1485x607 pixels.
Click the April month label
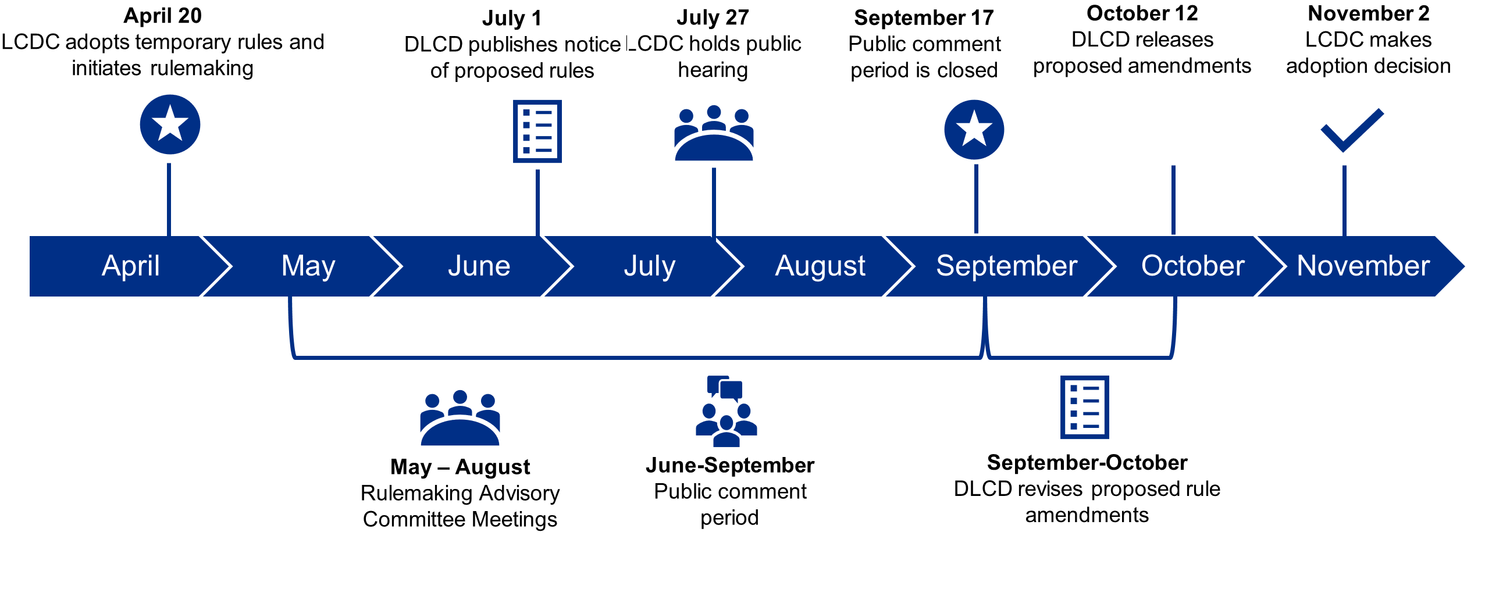(131, 266)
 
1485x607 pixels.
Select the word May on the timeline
(308, 266)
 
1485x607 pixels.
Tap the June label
(479, 266)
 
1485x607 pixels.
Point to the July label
(649, 266)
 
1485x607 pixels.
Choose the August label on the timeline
(820, 266)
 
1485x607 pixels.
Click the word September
(1006, 266)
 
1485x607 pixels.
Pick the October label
(1192, 266)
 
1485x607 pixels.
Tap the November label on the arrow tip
(1363, 266)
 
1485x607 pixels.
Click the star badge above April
(170, 124)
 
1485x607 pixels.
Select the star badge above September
(974, 129)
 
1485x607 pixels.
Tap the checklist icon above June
(537, 131)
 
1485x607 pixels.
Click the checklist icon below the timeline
(1084, 407)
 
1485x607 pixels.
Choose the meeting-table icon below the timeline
(460, 419)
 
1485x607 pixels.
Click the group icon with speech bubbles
(726, 411)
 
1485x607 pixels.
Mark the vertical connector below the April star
(169, 198)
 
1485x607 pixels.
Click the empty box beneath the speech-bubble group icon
(730, 497)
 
